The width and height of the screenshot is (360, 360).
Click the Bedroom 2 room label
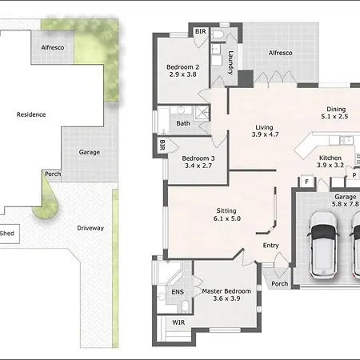coord(182,67)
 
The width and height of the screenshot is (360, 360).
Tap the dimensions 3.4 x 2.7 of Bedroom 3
coord(198,166)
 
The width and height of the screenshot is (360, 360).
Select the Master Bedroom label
coord(226,291)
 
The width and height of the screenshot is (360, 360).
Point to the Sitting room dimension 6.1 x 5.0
coord(227,218)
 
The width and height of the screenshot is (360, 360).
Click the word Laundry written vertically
coord(230,62)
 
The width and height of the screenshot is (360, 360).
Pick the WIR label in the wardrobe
coord(178,322)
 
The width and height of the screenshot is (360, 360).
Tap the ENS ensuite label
coord(178,292)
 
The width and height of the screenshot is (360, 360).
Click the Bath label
coord(183,123)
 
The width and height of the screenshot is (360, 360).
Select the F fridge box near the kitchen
coord(307,182)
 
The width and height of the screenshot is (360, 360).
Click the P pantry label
coord(354,175)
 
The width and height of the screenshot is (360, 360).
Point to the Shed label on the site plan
coord(7,234)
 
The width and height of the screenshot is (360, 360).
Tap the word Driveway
coord(90,228)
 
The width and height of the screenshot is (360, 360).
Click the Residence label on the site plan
coord(31,114)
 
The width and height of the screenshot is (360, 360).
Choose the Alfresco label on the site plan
coord(53,47)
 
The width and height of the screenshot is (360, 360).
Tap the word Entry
coord(271,246)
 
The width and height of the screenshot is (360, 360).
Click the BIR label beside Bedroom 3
coord(162,145)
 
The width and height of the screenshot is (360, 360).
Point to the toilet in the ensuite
coord(186,306)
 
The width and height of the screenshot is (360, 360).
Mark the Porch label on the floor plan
coord(280,284)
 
